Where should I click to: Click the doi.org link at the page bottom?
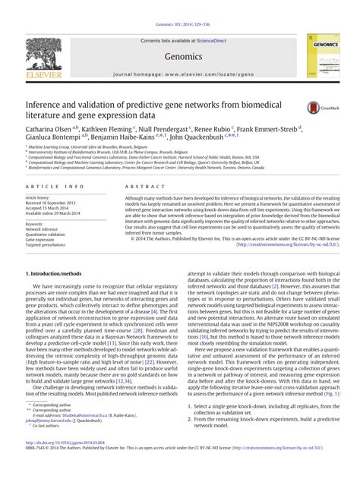tap(65, 460)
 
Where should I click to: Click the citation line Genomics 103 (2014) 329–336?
tap(179, 5)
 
